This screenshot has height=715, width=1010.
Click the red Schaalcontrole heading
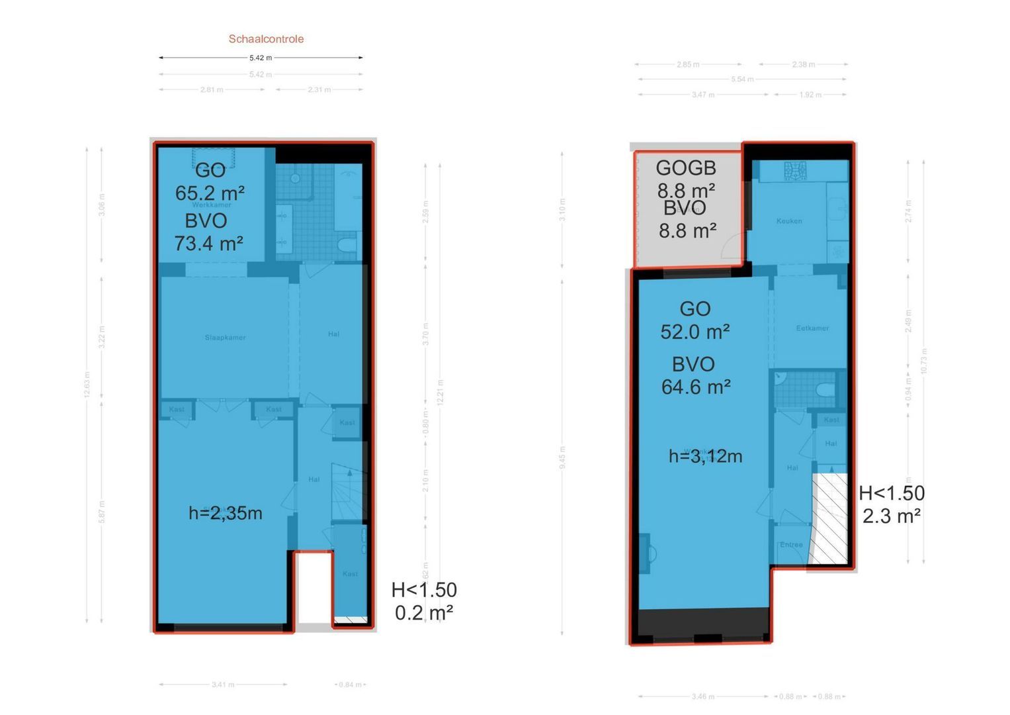click(x=266, y=39)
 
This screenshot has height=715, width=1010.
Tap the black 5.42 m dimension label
click(x=261, y=58)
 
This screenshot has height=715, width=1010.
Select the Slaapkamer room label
click(x=225, y=338)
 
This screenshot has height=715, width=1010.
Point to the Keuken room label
click(x=789, y=221)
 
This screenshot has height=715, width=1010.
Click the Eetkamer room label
click(x=812, y=328)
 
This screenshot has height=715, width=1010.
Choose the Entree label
click(x=791, y=545)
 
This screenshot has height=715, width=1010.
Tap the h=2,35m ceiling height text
click(x=225, y=513)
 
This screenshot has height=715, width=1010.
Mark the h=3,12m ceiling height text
click(x=705, y=456)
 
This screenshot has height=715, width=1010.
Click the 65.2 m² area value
click(x=210, y=193)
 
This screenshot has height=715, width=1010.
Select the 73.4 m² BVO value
click(x=208, y=244)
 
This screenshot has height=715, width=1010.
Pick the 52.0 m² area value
click(x=694, y=332)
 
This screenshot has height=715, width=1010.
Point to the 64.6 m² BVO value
click(x=696, y=387)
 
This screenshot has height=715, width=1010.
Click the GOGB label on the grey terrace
click(x=686, y=168)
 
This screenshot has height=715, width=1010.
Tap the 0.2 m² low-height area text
click(x=423, y=613)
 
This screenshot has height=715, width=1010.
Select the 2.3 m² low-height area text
click(x=891, y=516)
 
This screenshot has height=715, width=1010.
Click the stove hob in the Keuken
click(x=796, y=171)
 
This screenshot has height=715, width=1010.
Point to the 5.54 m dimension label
click(x=742, y=79)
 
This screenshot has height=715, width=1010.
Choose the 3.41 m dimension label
click(x=223, y=685)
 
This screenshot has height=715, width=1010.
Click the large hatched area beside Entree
click(x=829, y=519)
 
